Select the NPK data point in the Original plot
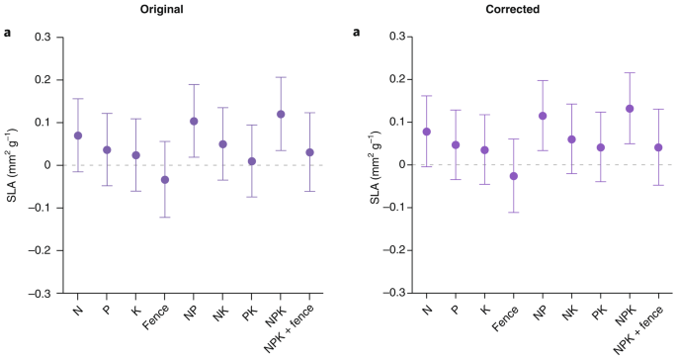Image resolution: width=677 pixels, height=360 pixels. (x=281, y=114)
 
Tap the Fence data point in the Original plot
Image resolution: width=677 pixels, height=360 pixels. (x=165, y=179)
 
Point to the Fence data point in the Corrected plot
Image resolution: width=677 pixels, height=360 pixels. (x=514, y=176)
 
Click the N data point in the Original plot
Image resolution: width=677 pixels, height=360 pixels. (x=78, y=135)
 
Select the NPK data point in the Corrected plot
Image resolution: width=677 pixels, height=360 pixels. (x=629, y=108)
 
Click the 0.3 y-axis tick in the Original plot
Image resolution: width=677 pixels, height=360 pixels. (x=43, y=37)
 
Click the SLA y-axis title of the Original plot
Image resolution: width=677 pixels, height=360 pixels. (x=15, y=164)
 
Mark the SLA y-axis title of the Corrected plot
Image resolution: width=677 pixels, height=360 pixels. (x=364, y=164)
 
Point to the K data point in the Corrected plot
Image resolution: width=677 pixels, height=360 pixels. (x=485, y=149)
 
